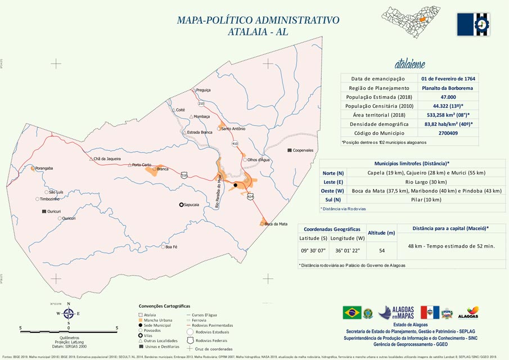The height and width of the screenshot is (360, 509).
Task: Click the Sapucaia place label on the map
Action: click(x=192, y=205)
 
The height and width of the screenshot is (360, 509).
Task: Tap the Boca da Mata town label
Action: click(x=276, y=224)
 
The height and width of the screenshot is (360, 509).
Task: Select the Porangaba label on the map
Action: click(x=44, y=168)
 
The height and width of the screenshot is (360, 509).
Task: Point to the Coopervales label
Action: click(x=303, y=150)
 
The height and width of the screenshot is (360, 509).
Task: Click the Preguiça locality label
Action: click(x=203, y=90)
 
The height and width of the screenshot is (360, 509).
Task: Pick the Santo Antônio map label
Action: click(x=233, y=129)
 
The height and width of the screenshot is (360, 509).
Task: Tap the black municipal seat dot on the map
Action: click(x=236, y=185)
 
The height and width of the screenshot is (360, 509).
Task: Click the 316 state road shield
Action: click(x=184, y=175)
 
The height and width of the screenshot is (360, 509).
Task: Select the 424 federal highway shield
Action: click(x=250, y=196)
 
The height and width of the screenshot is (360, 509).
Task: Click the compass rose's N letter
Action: click(x=69, y=304)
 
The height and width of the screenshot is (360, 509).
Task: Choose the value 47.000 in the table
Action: click(x=448, y=97)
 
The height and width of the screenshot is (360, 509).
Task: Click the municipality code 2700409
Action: click(x=448, y=133)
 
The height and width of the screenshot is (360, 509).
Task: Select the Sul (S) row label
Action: click(x=333, y=200)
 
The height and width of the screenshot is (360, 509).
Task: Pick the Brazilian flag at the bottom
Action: click(x=352, y=313)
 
